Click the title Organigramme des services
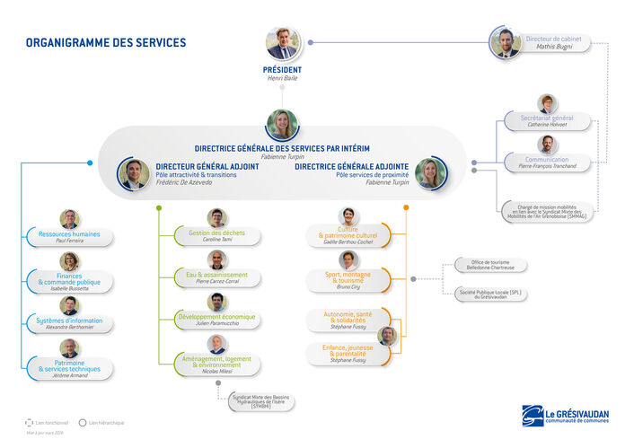tap(106, 42)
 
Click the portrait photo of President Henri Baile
tap(283, 44)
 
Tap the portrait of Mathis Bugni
tap(506, 43)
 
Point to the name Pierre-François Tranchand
tap(547, 166)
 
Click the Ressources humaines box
tap(69, 237)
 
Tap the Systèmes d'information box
tap(69, 323)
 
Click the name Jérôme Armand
tap(69, 376)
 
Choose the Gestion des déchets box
tap(216, 236)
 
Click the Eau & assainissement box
tap(216, 277)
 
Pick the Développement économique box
tap(216, 320)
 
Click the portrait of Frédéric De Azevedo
tap(134, 173)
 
